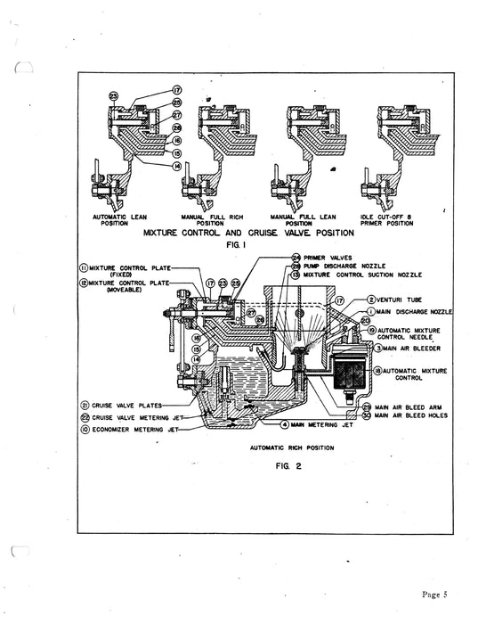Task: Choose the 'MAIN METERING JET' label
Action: pyautogui.click(x=322, y=424)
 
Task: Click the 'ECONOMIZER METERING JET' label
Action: pyautogui.click(x=133, y=429)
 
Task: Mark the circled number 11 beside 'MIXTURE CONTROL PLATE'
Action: pyautogui.click(x=83, y=267)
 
